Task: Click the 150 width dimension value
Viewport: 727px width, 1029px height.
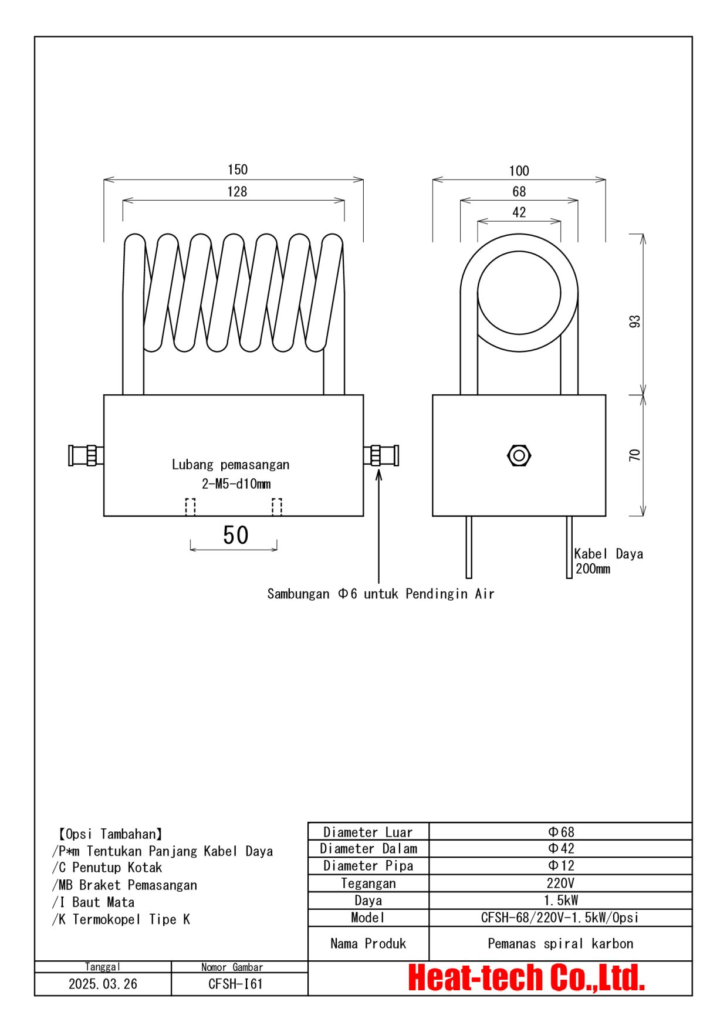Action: click(238, 170)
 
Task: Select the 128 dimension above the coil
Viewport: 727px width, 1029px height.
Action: click(237, 191)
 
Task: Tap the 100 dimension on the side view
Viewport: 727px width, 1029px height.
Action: click(519, 171)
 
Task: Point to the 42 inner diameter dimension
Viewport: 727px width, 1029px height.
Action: click(519, 212)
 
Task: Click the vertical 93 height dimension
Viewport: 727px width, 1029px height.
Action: click(634, 321)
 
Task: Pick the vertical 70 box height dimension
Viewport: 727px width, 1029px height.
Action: click(634, 455)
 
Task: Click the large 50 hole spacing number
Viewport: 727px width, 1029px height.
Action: click(235, 535)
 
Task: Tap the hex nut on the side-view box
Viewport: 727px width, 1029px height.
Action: click(519, 455)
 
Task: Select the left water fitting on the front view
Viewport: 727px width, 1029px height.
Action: click(86, 455)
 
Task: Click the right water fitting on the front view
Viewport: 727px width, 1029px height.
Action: click(381, 455)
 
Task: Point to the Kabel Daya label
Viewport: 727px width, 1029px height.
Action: click(608, 554)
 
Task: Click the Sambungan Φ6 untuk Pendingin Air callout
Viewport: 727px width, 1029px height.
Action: click(380, 594)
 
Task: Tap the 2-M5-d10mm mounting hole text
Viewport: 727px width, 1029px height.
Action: click(236, 484)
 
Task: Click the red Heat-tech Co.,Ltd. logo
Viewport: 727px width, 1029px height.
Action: click(526, 978)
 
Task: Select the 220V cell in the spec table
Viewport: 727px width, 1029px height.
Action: click(560, 883)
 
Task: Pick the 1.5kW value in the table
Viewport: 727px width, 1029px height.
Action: click(560, 901)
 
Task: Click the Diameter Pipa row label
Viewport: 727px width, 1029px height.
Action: click(368, 866)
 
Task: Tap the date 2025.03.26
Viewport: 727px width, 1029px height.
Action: click(103, 984)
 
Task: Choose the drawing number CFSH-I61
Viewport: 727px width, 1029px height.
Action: click(235, 984)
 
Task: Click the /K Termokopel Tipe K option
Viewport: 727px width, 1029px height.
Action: click(121, 919)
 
